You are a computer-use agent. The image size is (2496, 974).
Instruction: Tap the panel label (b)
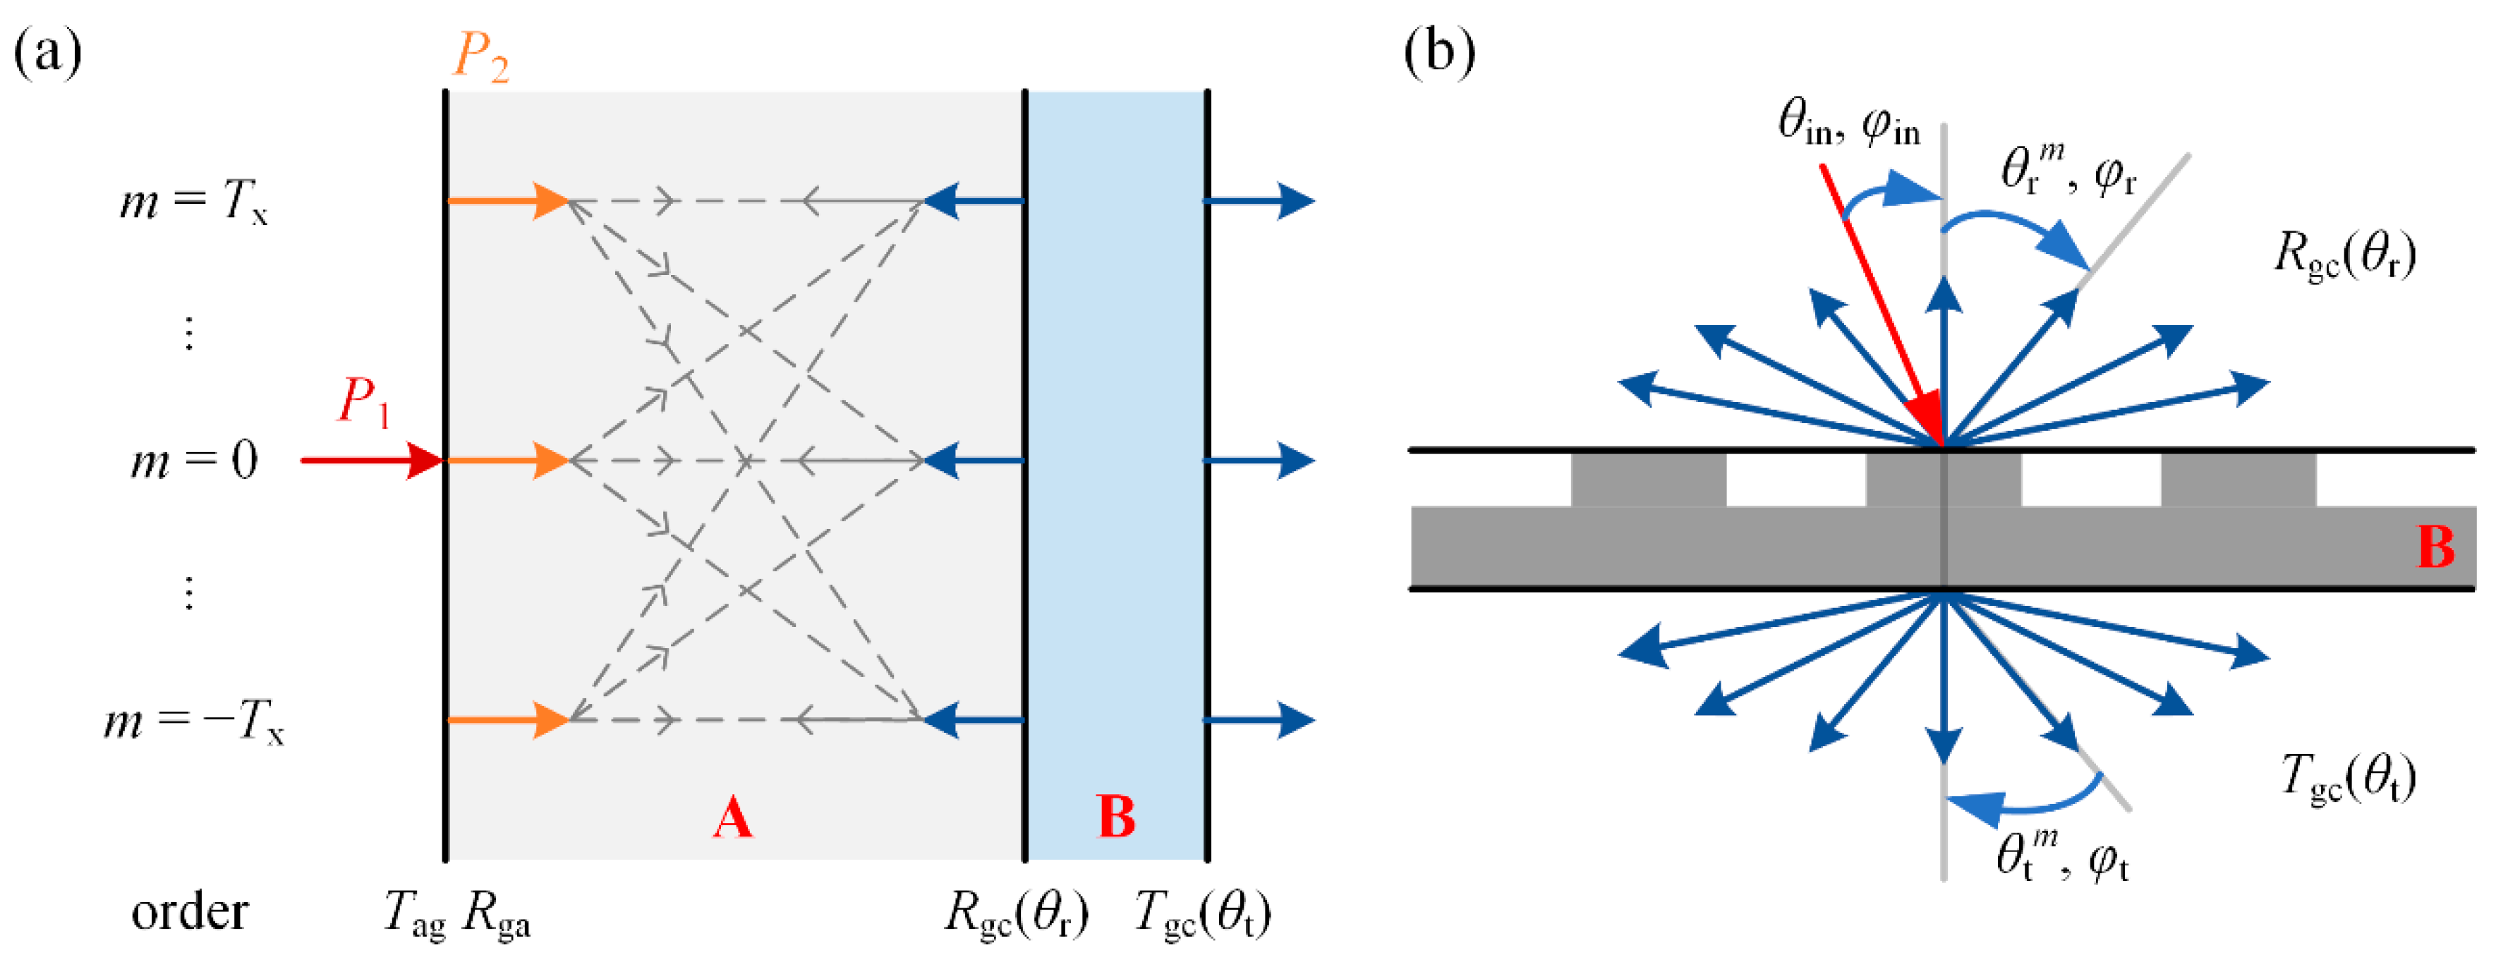pyautogui.click(x=1439, y=50)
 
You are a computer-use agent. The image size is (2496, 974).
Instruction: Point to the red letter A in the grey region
pyautogui.click(x=732, y=817)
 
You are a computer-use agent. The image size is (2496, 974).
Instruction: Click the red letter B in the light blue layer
pyautogui.click(x=1116, y=817)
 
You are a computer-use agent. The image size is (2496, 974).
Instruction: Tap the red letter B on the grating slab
pyautogui.click(x=2435, y=547)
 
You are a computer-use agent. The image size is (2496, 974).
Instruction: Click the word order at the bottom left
pyautogui.click(x=189, y=912)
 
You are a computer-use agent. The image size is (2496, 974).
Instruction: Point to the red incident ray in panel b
pyautogui.click(x=1879, y=300)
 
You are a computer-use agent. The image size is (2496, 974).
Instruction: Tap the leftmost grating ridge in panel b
pyautogui.click(x=1647, y=479)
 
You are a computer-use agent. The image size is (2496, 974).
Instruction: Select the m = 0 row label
pyautogui.click(x=194, y=461)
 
